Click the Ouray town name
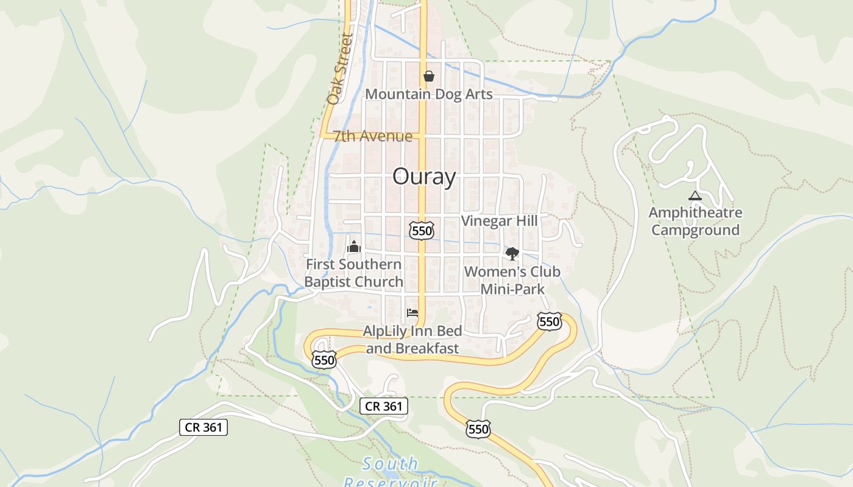pos(424,177)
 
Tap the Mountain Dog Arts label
pos(428,94)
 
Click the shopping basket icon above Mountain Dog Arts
pos(429,76)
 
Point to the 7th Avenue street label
pos(372,136)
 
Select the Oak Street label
pos(340,68)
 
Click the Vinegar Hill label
pos(500,220)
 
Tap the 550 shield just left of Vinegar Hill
pos(422,230)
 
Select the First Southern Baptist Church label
pos(353,273)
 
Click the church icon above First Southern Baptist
pos(354,247)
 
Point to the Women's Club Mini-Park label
pos(512,280)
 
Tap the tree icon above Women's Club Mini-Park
pos(512,253)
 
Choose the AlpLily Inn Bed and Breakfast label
pos(412,340)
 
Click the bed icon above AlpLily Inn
pos(412,313)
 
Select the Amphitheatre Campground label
pos(695,221)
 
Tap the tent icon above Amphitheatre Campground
pos(695,196)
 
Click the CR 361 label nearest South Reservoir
pos(383,406)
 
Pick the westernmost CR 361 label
pos(204,427)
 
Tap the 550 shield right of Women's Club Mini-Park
pos(549,321)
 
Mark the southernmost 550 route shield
pos(478,429)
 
